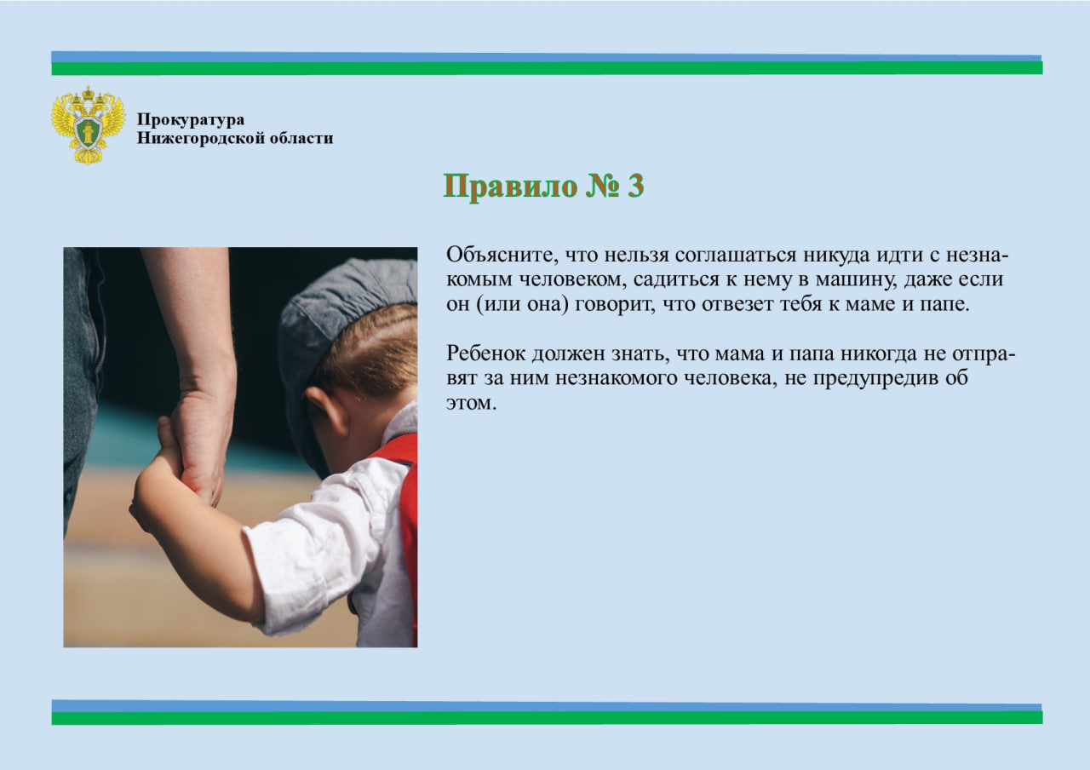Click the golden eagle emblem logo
click(88, 125)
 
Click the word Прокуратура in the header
click(191, 120)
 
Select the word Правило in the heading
click(509, 186)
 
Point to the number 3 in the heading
click(635, 186)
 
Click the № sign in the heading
click(602, 186)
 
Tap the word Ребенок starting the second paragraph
click(486, 353)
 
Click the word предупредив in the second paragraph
click(875, 379)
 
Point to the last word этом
click(471, 404)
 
